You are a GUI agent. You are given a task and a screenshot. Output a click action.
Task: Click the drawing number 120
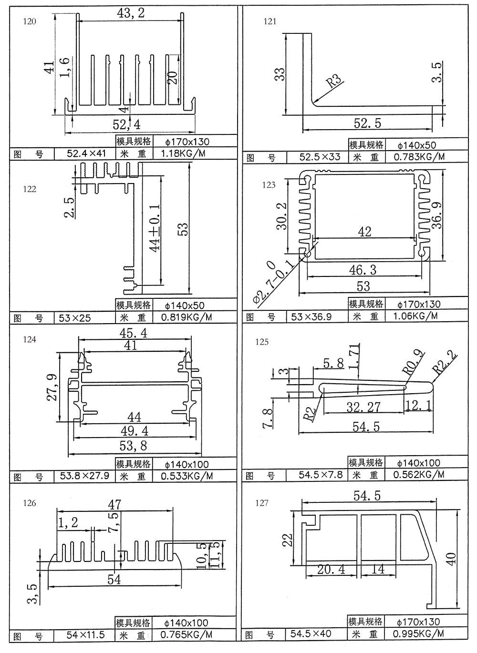coord(29,21)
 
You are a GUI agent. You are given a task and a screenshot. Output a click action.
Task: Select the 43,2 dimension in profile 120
coord(130,13)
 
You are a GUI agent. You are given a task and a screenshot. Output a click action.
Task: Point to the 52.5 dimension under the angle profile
coord(367,123)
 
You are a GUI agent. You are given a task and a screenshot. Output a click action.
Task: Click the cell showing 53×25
coord(75,317)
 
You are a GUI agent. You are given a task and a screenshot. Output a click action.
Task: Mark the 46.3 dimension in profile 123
coord(363,270)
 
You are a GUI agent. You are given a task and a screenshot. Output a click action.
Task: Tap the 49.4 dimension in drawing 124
coord(135,431)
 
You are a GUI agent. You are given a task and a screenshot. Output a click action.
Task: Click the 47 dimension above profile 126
coord(114,504)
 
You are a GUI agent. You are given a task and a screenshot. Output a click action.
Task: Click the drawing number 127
coord(262,503)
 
